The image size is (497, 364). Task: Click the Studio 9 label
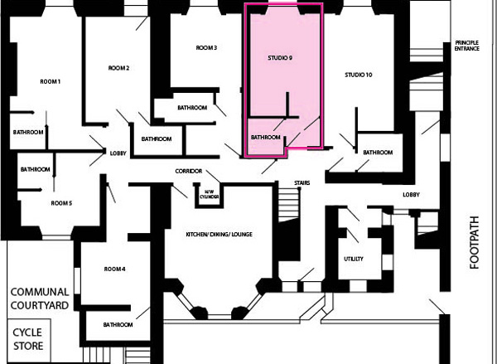click(x=280, y=58)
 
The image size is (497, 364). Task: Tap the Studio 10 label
click(x=359, y=75)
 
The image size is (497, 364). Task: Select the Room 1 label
click(x=50, y=82)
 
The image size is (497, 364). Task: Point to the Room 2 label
click(x=118, y=68)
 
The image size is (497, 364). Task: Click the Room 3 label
click(x=206, y=48)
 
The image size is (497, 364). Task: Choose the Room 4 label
click(x=115, y=269)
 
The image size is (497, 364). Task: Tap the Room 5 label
click(x=61, y=203)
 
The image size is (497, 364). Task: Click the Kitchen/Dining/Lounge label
click(x=219, y=235)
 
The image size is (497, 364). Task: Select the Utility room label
click(x=354, y=259)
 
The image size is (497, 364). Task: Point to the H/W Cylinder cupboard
click(x=210, y=195)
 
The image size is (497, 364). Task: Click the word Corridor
click(x=189, y=172)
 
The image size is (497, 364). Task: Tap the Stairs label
click(x=302, y=183)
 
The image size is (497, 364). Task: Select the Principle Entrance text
click(x=467, y=46)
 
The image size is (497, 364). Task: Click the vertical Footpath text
click(x=474, y=243)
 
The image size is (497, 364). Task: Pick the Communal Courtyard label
click(x=40, y=298)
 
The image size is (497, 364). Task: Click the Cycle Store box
click(x=28, y=340)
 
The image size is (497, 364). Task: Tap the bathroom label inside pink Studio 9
click(x=266, y=138)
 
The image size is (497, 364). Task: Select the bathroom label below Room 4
click(x=118, y=325)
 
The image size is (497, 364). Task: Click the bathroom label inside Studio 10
click(x=378, y=153)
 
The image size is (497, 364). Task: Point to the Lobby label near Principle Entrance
click(x=411, y=195)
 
